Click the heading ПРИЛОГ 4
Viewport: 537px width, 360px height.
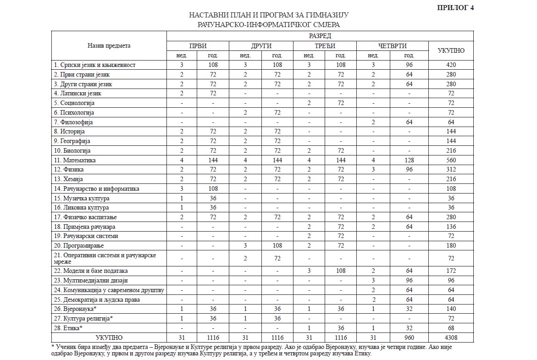(455, 7)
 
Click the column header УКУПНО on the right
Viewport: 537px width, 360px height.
(451, 50)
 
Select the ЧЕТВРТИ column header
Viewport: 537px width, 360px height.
(392, 46)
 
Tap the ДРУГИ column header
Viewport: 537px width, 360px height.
(261, 46)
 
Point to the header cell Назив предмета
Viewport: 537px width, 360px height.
(109, 45)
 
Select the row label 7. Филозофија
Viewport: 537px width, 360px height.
(73, 122)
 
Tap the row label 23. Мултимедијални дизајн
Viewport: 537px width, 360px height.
(90, 280)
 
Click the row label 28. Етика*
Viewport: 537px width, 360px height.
(68, 328)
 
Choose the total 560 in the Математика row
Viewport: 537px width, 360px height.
(451, 160)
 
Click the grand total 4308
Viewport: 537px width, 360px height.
(451, 338)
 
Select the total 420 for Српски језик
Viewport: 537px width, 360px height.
(451, 65)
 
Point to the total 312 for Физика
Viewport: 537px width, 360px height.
(451, 170)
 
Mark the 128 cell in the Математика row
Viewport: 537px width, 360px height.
(409, 160)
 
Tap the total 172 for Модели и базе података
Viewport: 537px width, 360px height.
(451, 271)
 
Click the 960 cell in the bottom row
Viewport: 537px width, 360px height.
(409, 338)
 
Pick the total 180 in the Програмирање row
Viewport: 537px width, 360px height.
(451, 246)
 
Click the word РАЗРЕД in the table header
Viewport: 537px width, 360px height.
(320, 36)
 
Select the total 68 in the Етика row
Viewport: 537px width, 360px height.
(451, 328)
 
